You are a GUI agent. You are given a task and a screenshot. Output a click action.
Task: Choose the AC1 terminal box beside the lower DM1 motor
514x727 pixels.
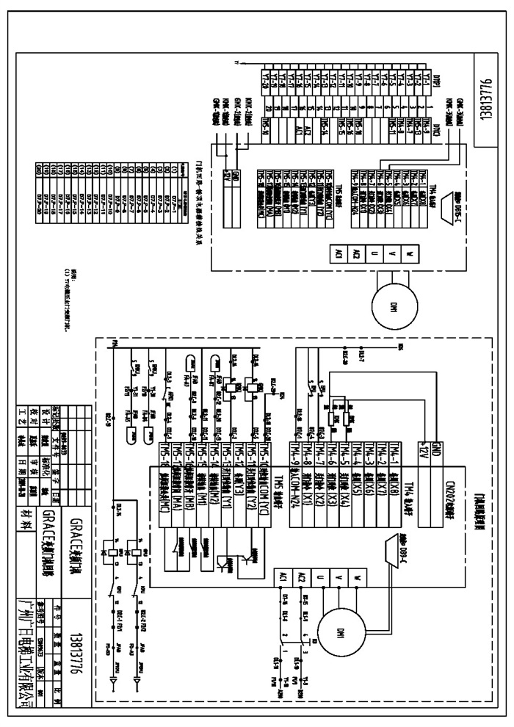click(x=282, y=579)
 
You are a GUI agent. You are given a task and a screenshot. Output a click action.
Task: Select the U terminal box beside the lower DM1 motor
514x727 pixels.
click(x=319, y=579)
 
